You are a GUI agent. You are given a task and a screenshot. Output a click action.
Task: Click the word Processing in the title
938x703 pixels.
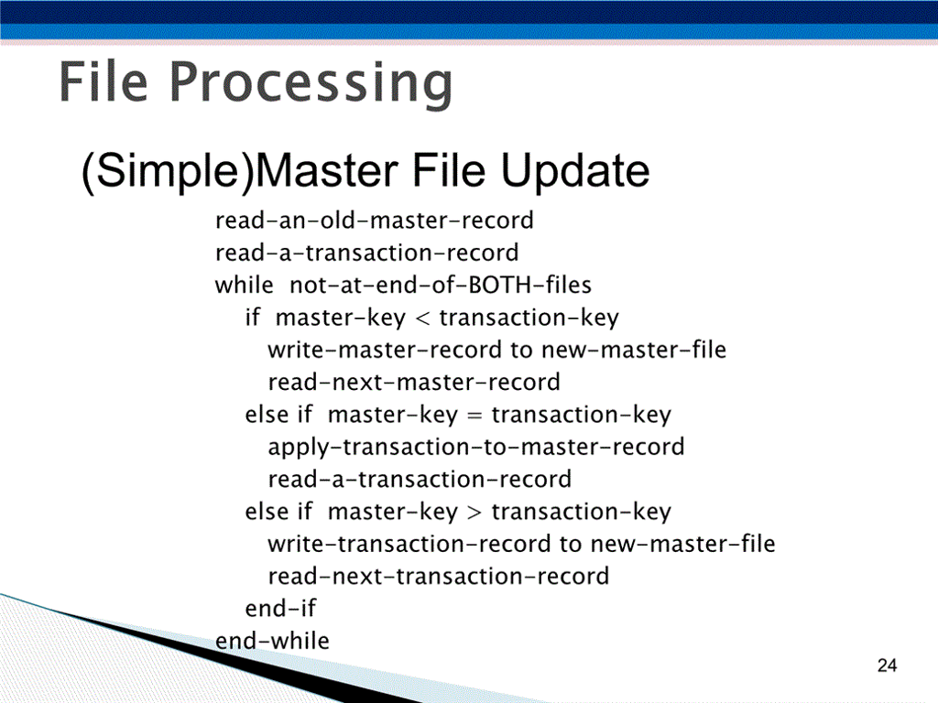311,84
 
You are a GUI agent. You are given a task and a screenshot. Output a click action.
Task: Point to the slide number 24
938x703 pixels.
886,665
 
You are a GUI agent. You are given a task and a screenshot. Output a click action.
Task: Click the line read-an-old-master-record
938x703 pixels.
374,221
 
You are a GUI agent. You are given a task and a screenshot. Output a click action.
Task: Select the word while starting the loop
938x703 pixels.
244,285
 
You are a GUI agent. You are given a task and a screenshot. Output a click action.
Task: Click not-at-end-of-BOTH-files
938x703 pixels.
441,285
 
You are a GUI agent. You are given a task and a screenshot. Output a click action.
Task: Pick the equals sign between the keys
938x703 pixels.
474,416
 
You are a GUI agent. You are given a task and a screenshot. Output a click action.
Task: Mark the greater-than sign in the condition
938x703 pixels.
474,512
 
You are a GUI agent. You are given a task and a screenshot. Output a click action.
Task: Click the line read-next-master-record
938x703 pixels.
413,382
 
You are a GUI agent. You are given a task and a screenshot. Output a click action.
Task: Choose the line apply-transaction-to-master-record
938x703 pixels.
475,447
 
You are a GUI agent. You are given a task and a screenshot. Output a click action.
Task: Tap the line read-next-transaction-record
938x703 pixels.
438,576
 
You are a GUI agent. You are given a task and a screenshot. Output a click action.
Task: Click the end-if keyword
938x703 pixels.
280,608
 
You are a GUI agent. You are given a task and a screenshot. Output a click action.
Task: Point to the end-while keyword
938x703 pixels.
272,640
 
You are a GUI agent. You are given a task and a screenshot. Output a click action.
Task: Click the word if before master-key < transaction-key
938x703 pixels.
253,318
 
